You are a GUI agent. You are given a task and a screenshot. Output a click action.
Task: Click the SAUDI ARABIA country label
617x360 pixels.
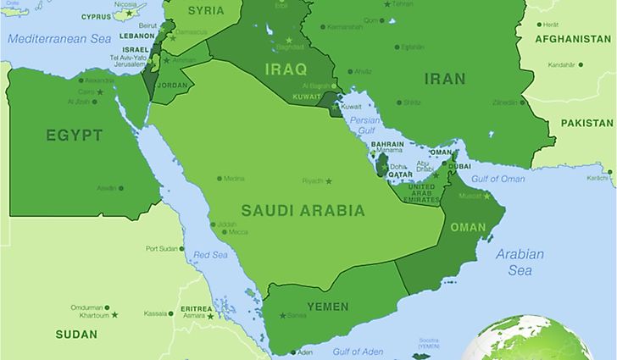(303, 210)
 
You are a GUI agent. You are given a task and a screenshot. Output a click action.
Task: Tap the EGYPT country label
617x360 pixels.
(75, 136)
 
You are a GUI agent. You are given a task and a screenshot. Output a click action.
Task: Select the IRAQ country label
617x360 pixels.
(286, 69)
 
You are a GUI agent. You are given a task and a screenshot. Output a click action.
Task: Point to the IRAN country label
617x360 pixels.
(445, 79)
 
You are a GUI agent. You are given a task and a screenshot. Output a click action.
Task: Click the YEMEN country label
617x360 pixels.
(327, 306)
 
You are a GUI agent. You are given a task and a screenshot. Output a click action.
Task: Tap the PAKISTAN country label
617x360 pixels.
(586, 123)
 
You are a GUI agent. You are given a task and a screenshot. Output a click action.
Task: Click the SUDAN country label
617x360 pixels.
(76, 335)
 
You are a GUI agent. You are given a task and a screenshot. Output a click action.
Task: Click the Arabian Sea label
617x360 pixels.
(520, 262)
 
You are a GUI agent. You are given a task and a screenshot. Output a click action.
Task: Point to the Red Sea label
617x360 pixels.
(210, 254)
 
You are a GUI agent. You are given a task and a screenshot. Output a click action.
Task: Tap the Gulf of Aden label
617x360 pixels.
(357, 352)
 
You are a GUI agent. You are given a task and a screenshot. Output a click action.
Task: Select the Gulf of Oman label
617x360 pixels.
(497, 178)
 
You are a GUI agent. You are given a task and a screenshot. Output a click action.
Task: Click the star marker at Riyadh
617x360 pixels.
(329, 180)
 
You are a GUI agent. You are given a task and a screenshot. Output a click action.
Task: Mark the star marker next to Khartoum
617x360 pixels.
(114, 315)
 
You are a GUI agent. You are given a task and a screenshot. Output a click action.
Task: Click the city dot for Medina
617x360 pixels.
(220, 178)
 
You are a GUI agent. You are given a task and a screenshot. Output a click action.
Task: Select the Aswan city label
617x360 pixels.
(107, 188)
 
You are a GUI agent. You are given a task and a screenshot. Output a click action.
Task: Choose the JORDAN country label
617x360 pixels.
(172, 86)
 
